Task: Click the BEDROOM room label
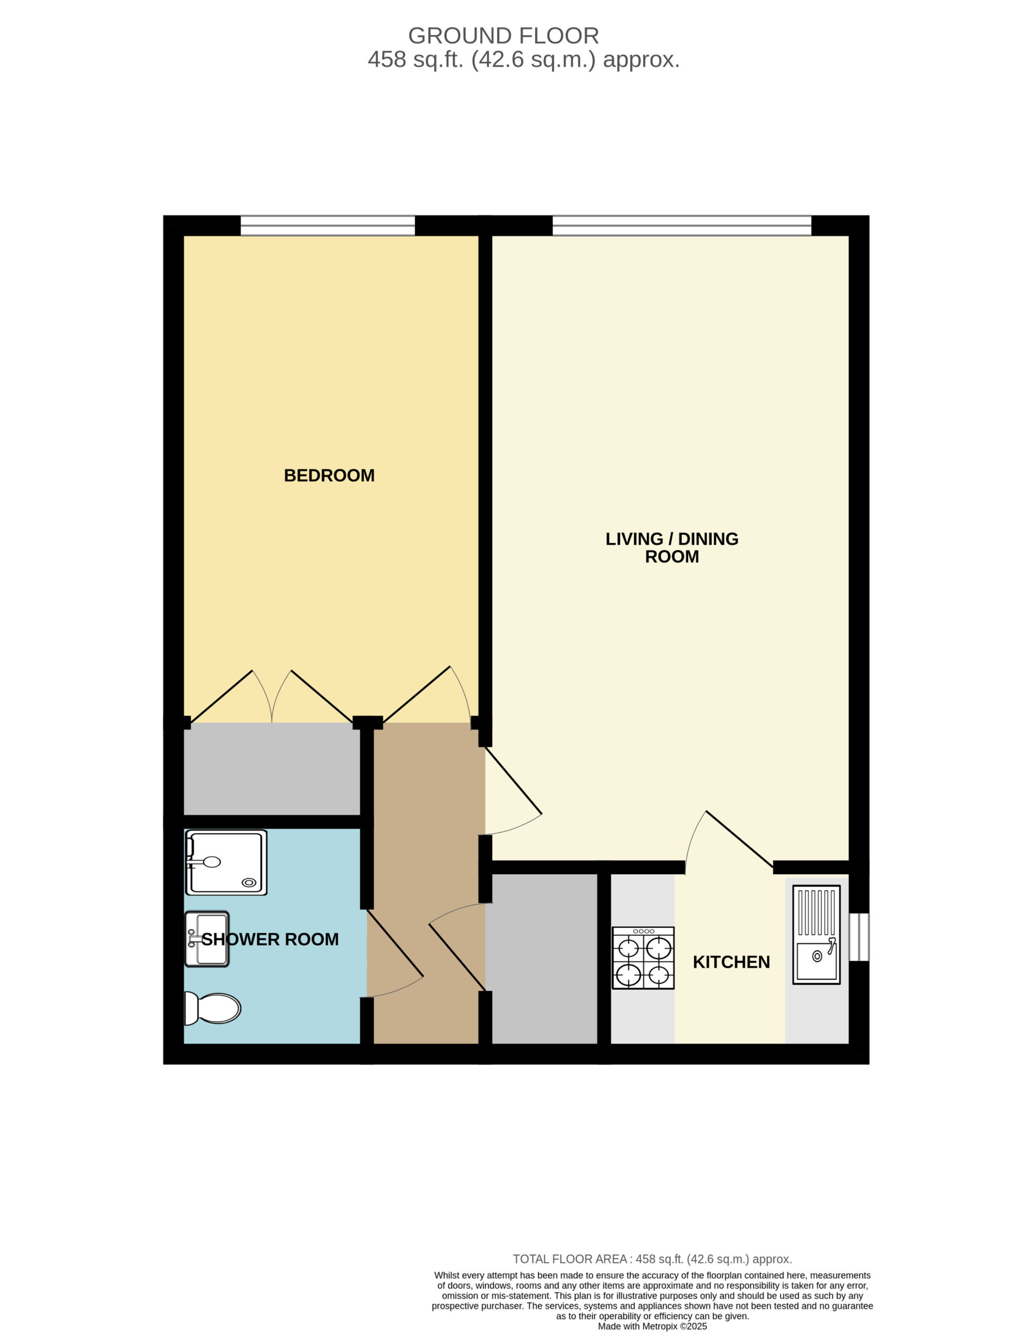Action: coord(329,475)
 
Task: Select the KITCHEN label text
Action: coord(731,962)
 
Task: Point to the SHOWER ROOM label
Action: coord(270,939)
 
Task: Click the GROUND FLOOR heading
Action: coord(504,35)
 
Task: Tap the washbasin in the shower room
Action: coord(207,939)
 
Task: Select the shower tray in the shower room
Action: coord(226,862)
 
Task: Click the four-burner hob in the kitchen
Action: coord(643,958)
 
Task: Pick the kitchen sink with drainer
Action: coord(816,934)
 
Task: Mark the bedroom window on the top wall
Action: coord(328,226)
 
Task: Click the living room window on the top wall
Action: coord(682,226)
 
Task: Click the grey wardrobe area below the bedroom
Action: coord(272,769)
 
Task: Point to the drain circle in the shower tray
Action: coord(249,882)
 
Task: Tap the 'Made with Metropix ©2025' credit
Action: coord(652,1326)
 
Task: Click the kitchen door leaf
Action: coord(739,839)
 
